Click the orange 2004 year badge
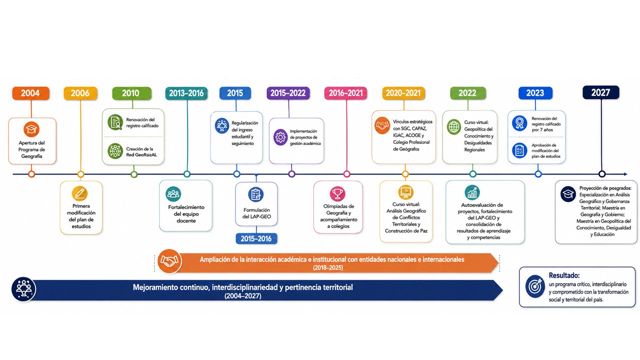point(31,93)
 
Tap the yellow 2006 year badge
point(80,93)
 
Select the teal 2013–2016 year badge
point(186,93)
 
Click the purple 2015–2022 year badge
point(288,93)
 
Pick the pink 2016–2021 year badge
point(345,93)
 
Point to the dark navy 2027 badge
point(601,92)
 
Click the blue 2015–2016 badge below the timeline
point(256,238)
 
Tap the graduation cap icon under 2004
point(31,129)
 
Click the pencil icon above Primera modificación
point(79,193)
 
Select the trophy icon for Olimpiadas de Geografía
point(337,193)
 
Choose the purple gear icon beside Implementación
point(280,137)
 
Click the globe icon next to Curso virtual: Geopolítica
point(454,127)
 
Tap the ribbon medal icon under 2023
point(519,123)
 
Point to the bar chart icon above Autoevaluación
point(472,192)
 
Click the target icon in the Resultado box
point(535,286)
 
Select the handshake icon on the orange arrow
point(169,261)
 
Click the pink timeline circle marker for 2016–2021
point(346,174)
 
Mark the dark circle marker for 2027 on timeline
point(602,174)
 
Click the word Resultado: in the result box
point(564,275)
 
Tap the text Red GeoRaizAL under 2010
point(141,155)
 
